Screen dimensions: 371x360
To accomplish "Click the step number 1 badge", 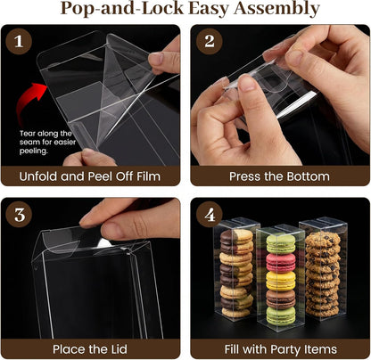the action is pos(19,41).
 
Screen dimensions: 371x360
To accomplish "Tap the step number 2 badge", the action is pos(210,41).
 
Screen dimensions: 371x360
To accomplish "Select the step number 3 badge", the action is pos(19,215).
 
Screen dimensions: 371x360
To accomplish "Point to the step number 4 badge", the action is pos(210,215).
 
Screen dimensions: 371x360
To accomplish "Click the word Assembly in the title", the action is pos(276,9).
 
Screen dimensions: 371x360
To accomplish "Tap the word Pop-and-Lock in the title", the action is pos(122,8).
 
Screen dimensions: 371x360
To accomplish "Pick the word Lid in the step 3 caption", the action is pos(118,349).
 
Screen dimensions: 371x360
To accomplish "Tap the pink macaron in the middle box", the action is pos(281,262).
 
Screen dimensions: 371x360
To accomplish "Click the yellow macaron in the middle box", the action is pos(281,281).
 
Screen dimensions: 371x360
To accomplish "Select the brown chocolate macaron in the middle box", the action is pos(281,299).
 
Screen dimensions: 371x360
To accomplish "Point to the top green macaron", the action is pos(281,244).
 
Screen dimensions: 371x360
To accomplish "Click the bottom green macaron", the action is pos(281,316).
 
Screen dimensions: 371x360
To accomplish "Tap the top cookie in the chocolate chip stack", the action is pos(323,238).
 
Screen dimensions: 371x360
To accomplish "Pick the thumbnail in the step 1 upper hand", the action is pos(156,59).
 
